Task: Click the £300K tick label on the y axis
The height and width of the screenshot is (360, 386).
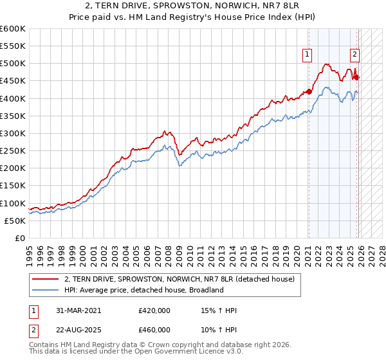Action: [12, 133]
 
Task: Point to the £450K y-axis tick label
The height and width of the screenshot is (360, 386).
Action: [12, 81]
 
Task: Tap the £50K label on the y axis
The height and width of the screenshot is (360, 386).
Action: [14, 221]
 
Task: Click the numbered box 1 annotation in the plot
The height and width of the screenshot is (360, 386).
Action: [308, 55]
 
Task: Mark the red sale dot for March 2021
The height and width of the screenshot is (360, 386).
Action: [309, 91]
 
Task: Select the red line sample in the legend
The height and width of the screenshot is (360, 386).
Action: [46, 279]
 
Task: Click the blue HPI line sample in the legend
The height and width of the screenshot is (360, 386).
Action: [46, 290]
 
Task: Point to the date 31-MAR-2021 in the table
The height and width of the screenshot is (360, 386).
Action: [79, 310]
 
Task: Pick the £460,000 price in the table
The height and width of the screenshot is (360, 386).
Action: [154, 328]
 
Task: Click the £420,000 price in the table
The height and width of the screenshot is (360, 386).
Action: [154, 310]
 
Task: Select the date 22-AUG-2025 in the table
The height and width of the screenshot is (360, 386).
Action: [80, 328]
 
